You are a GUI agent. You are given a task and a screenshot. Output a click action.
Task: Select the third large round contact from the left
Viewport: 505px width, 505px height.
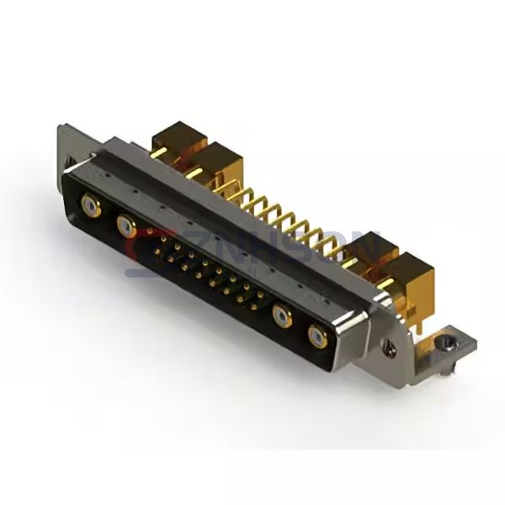283,316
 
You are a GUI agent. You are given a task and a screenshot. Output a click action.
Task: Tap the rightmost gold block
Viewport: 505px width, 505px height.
414,271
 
